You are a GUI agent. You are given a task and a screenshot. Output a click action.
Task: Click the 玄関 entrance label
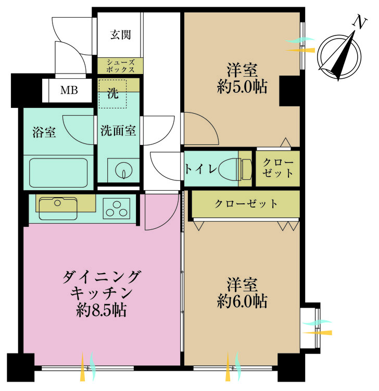(x=120, y=35)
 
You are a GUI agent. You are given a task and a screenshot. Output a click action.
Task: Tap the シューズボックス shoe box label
(x=121, y=65)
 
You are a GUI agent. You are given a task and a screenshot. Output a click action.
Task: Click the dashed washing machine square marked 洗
(x=112, y=94)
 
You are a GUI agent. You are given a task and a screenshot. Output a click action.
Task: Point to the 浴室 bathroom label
(x=44, y=132)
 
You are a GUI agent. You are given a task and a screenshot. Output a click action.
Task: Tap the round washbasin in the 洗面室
(x=123, y=169)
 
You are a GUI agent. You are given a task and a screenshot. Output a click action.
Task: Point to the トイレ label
(x=197, y=168)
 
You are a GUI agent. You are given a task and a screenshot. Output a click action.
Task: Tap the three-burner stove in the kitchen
(x=118, y=208)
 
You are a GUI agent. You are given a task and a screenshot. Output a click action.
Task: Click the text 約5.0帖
(x=242, y=87)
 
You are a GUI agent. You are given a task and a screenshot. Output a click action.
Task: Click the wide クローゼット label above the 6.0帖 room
(x=246, y=204)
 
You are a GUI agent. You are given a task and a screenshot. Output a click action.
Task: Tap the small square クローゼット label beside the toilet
(x=278, y=168)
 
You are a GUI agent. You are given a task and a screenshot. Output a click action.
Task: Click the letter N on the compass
(x=359, y=22)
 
